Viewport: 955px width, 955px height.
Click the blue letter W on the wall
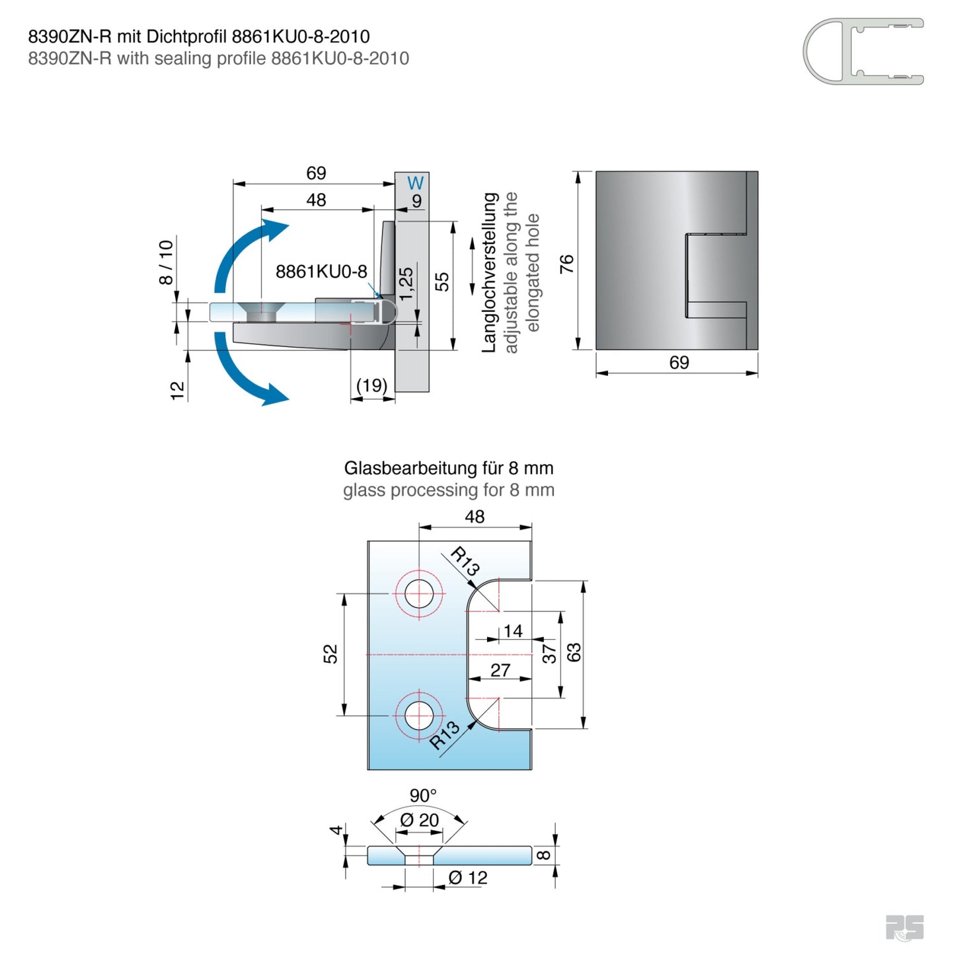click(x=415, y=183)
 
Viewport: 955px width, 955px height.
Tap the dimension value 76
click(x=567, y=264)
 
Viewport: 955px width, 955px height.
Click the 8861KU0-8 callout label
click(x=321, y=272)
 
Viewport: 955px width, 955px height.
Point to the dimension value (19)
click(x=371, y=385)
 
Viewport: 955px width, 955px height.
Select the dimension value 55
click(x=442, y=282)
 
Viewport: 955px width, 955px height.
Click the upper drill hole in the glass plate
click(x=419, y=593)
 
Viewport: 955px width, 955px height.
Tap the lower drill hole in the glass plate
click(x=419, y=715)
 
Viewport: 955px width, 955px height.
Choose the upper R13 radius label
click(x=465, y=561)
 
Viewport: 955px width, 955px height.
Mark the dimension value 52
click(x=330, y=654)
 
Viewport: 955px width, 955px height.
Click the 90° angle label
click(x=423, y=795)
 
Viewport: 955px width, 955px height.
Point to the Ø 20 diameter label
click(x=420, y=820)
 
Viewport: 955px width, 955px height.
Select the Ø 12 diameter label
click(x=468, y=878)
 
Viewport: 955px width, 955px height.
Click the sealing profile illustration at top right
click(x=863, y=52)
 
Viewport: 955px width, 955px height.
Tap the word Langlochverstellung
click(x=489, y=272)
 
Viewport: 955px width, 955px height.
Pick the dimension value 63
click(x=574, y=652)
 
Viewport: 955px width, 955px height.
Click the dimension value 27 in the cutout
click(x=500, y=670)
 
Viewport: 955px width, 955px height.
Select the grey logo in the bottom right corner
click(x=904, y=927)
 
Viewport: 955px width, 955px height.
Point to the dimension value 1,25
click(x=406, y=283)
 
